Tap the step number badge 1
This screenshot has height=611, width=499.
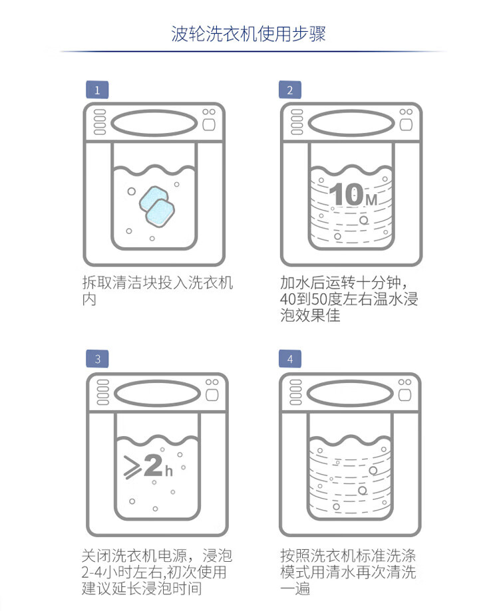(97, 90)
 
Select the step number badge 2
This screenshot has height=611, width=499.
(289, 90)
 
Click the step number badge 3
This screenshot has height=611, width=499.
(97, 359)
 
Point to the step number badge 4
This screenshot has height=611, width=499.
(289, 359)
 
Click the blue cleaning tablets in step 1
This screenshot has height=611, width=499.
(156, 203)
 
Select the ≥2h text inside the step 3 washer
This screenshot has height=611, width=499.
(148, 465)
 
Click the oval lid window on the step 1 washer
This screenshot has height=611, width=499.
(154, 123)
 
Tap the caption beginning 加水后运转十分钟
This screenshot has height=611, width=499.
(349, 299)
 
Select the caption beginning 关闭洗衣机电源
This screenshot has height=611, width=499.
(157, 572)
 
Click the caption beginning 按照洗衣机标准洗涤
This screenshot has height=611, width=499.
(349, 572)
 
